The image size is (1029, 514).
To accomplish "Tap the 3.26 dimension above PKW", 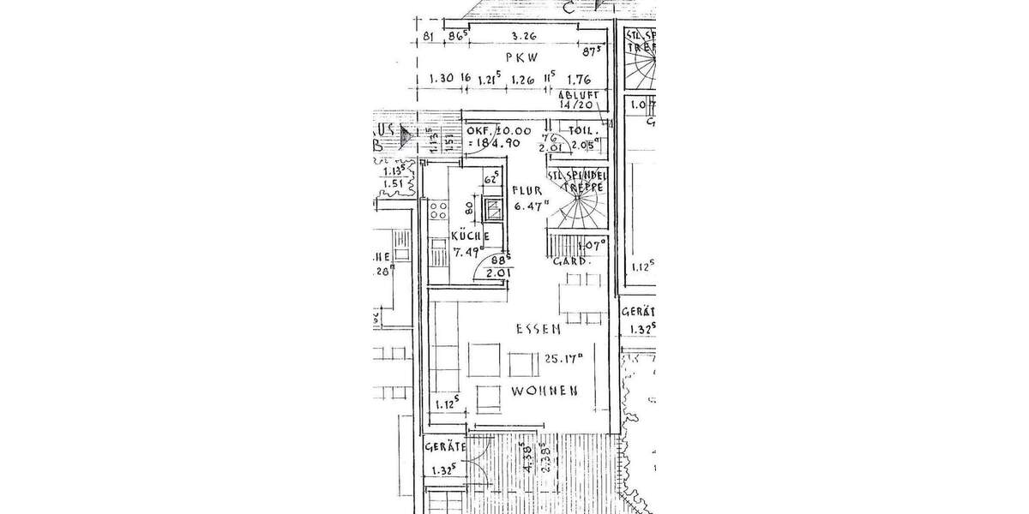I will point(523,36).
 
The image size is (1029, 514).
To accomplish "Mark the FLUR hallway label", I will point(525,191).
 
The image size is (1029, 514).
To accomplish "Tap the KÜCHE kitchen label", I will point(469,236).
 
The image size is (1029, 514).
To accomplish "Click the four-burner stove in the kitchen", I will point(439,209).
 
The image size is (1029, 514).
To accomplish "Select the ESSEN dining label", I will point(538,329).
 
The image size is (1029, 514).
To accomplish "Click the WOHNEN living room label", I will point(544,390).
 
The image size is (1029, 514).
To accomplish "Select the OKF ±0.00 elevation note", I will point(495,136).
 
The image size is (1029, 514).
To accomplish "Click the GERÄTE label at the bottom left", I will point(444,447).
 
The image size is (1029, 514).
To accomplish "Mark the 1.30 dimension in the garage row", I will point(442,81).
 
